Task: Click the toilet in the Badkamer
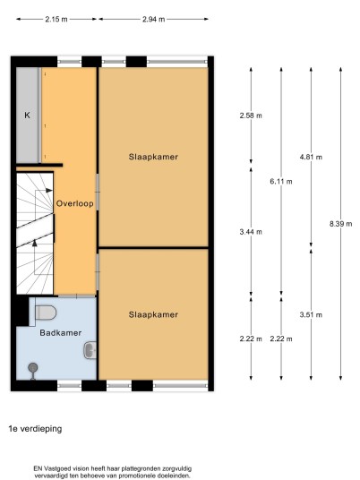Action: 46,313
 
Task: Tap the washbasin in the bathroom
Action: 90,350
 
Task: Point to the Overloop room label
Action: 74,203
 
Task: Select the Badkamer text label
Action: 61,333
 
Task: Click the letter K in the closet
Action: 27,116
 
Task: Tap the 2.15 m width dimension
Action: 56,20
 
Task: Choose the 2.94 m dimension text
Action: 154,20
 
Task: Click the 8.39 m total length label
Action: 340,224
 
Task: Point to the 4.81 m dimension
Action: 311,157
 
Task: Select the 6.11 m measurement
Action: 281,182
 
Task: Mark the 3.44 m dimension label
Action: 251,232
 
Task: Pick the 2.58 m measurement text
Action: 251,116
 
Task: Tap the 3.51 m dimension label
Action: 311,314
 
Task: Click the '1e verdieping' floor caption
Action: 35,429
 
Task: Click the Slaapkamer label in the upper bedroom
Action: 153,157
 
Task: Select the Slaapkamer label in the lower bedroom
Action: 153,314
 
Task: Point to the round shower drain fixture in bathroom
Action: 33,367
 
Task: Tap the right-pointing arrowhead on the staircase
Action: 49,191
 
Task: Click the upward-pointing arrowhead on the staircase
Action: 35,243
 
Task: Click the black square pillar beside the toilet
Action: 22,311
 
